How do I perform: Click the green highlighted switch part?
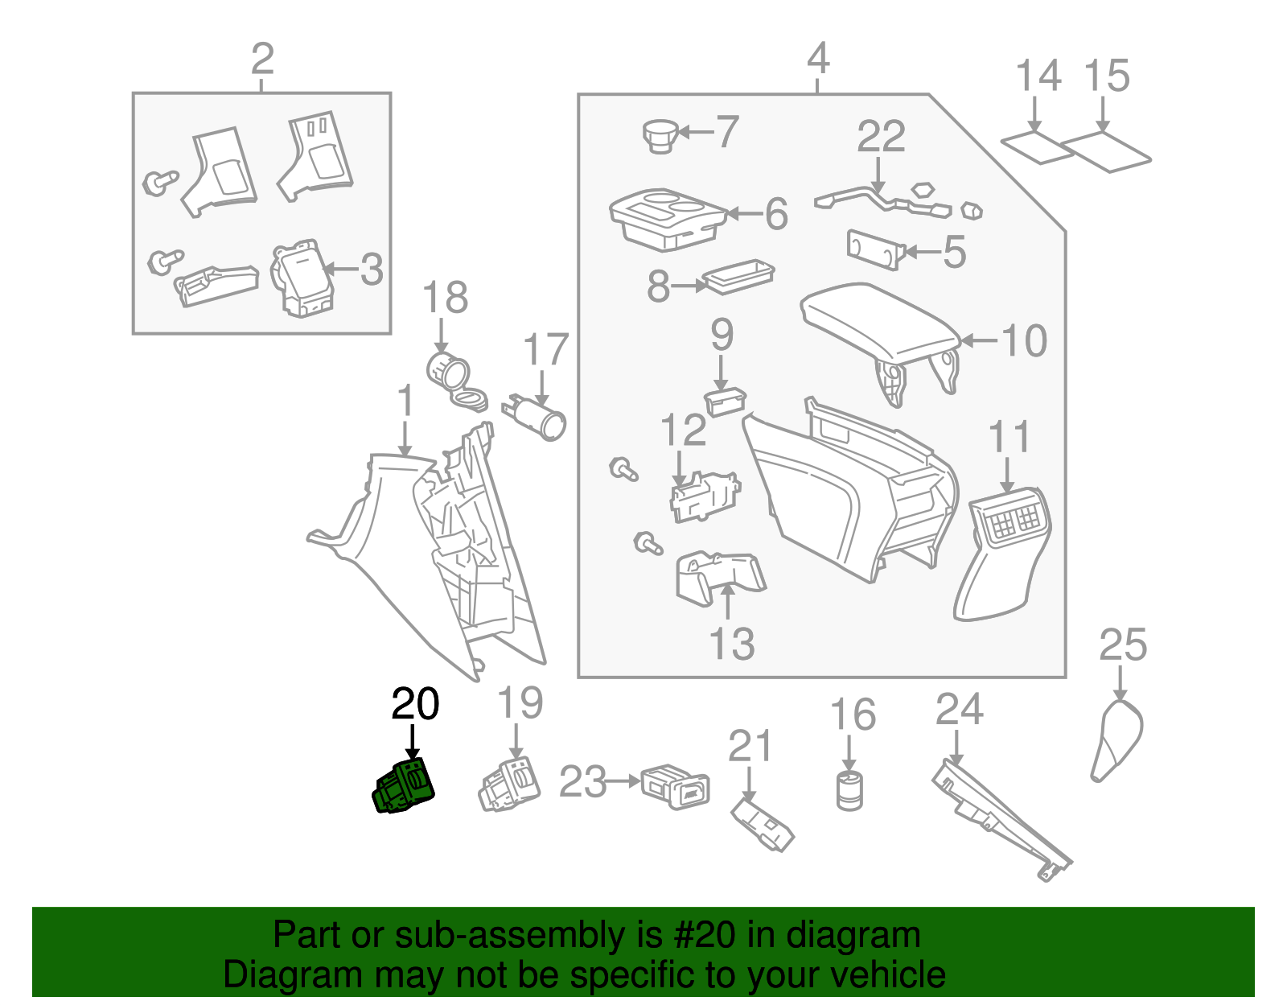point(404,787)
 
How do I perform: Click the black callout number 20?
point(415,704)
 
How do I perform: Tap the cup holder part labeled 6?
point(668,219)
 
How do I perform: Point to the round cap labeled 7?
point(661,134)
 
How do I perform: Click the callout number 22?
point(881,136)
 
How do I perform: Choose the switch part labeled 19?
point(510,784)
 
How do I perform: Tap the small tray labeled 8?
point(738,276)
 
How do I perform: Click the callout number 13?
point(732,644)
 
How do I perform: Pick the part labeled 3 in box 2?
point(302,278)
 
